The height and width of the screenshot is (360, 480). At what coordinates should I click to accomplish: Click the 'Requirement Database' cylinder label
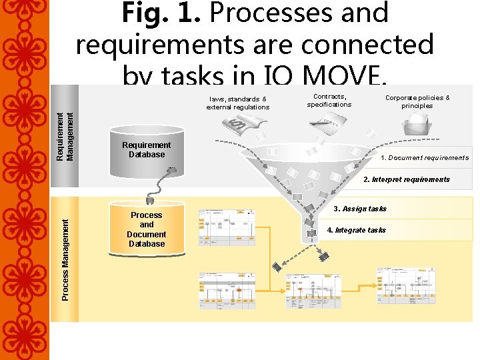146,150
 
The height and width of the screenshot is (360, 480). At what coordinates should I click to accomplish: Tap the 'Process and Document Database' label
146,229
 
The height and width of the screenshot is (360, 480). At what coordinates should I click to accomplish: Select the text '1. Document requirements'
424,158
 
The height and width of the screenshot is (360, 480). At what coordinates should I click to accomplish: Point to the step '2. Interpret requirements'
406,179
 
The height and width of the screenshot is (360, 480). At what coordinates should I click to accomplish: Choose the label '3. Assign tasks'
359,209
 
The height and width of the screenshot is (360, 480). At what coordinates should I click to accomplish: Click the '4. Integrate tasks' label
356,230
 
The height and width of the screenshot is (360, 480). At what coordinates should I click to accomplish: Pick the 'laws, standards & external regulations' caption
237,103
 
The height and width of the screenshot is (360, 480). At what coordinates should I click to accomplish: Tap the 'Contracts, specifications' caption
329,101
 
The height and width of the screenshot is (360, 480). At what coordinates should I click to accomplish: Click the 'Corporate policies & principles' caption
417,101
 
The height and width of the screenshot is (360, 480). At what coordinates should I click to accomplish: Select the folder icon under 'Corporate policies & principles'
418,127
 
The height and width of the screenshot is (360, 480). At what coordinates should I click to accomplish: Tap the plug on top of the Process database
150,199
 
